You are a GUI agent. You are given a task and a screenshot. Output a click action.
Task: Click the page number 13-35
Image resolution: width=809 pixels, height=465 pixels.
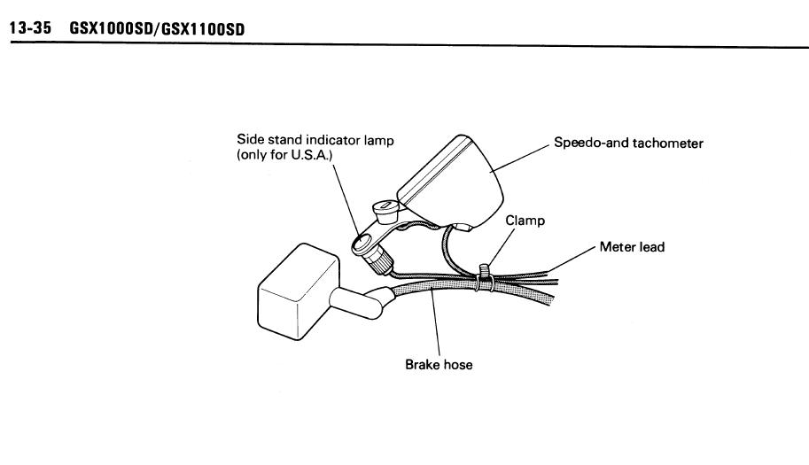coord(30,29)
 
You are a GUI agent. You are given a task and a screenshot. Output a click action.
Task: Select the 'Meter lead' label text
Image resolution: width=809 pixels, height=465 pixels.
coord(632,247)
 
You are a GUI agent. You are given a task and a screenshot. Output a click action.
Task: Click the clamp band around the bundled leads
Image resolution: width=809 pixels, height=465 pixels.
coord(485,275)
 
